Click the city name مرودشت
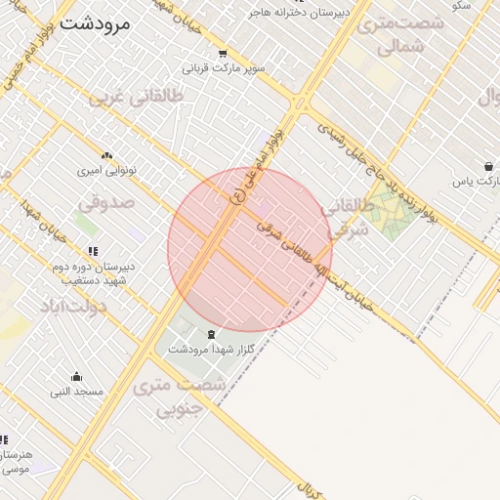[x=93, y=23]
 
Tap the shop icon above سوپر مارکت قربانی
[x=223, y=54]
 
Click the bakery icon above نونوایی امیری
[x=106, y=155]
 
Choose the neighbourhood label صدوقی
[x=105, y=204]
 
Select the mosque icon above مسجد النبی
[x=76, y=377]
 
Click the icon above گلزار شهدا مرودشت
[x=212, y=335]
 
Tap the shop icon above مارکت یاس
[x=487, y=166]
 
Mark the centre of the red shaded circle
[x=250, y=250]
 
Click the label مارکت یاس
[x=476, y=182]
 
